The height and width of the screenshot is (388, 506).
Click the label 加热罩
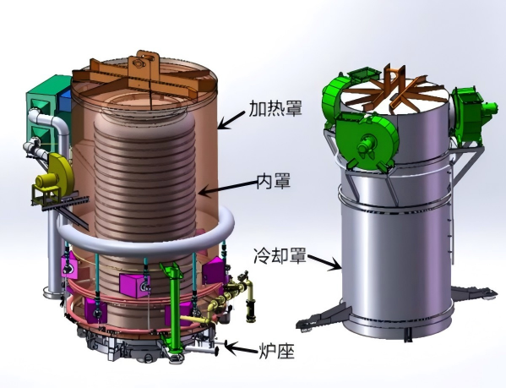(275, 108)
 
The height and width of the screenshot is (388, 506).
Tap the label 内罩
(274, 181)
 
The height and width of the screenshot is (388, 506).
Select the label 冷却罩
(280, 256)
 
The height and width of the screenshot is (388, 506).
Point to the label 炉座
(277, 351)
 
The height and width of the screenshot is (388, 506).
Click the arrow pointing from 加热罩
(232, 119)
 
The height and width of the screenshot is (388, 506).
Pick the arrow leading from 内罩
(228, 189)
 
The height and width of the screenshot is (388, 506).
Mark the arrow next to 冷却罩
(325, 262)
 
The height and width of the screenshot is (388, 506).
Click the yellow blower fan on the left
(56, 176)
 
